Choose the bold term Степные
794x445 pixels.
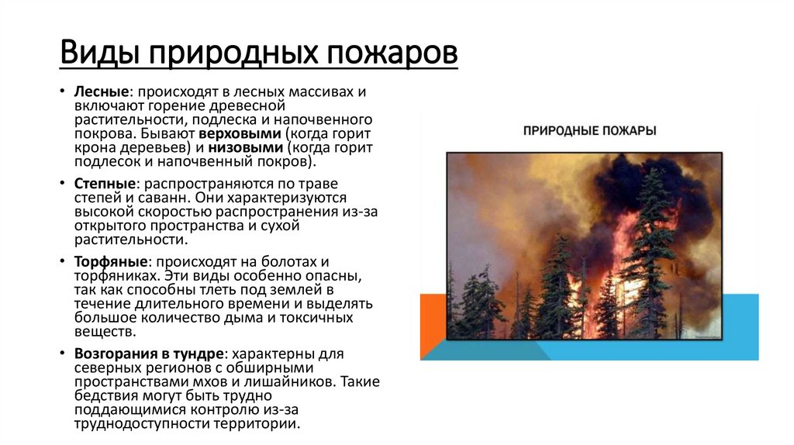[105, 185]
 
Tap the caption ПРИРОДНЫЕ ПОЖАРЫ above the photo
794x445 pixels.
[589, 130]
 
